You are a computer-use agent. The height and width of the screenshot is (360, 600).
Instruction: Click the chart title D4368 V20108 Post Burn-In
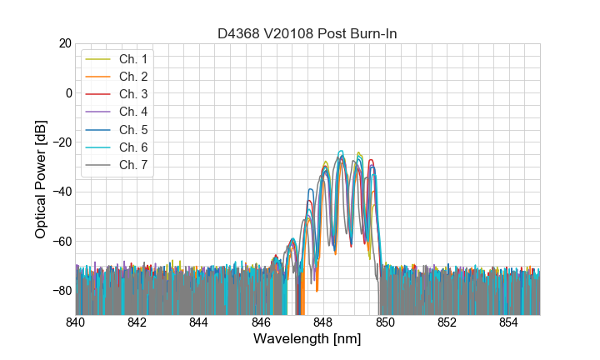(x=307, y=33)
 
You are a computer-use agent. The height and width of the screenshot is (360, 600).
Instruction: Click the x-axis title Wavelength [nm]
(x=307, y=340)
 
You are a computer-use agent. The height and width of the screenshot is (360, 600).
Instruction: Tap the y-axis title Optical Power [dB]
(x=41, y=179)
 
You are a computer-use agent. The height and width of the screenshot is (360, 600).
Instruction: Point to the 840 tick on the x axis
(x=76, y=322)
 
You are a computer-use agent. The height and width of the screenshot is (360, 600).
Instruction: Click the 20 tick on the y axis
(x=65, y=43)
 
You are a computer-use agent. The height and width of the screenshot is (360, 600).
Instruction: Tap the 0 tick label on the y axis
(x=68, y=92)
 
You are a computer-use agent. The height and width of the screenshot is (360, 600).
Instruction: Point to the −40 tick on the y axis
(x=62, y=192)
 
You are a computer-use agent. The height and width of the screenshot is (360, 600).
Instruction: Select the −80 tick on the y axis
(x=62, y=291)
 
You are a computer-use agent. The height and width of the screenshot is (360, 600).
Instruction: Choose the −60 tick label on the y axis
(x=62, y=242)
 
